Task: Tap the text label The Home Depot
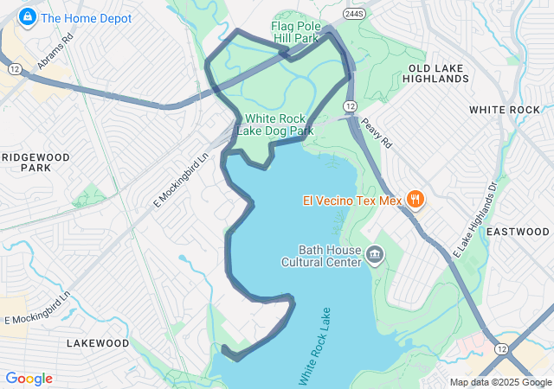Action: [86, 18]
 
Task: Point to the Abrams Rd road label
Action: [55, 54]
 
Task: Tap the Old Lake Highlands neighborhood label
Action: [437, 73]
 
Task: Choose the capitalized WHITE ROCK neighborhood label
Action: [504, 110]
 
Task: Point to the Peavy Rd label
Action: [377, 132]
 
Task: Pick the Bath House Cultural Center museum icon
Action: [375, 253]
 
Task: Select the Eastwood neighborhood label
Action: [518, 232]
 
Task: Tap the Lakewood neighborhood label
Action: [97, 343]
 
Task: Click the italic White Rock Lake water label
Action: [315, 346]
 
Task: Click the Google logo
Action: [29, 379]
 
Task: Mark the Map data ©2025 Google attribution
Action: [499, 382]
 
